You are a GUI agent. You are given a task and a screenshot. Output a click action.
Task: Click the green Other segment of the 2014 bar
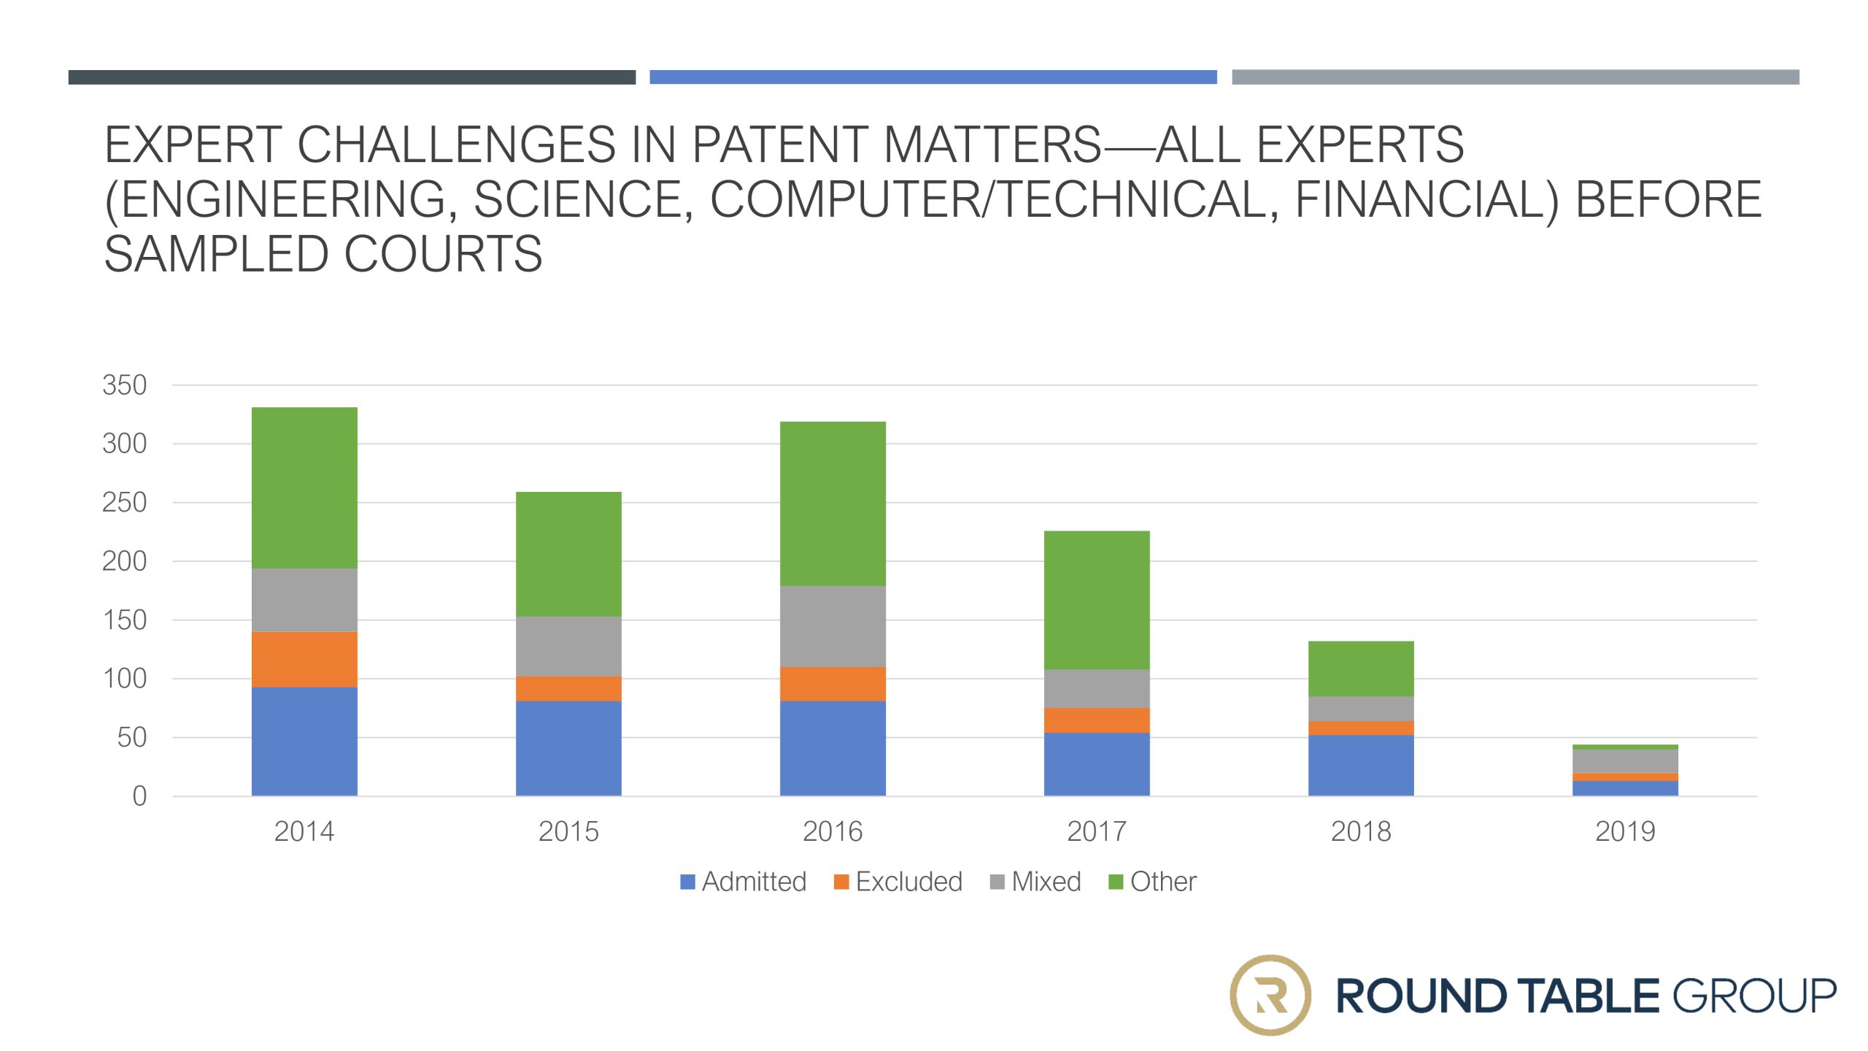coord(304,488)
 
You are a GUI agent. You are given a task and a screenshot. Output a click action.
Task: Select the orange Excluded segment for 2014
coord(304,659)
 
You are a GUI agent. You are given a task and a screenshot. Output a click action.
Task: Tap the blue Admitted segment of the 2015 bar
coord(568,748)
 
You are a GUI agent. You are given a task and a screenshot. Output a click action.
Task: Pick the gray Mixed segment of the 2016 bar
coord(833,626)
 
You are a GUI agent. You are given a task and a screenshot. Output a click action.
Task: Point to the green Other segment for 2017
coord(1097,600)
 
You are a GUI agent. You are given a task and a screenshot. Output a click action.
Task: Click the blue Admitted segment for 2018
coord(1361,766)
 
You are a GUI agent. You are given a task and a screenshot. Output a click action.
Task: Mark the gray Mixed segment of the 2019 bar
coord(1625,761)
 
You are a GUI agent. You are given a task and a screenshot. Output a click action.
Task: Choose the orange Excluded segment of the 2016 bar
coord(833,684)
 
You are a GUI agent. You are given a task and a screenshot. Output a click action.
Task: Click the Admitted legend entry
coord(743,882)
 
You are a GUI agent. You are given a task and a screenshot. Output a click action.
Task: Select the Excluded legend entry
coord(898,882)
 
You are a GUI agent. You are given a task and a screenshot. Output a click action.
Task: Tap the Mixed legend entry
coord(1035,882)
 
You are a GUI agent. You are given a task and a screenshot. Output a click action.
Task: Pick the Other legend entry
coord(1153,882)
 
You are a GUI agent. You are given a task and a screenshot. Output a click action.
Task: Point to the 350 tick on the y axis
coord(125,385)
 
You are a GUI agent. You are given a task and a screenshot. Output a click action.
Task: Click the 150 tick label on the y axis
coord(125,620)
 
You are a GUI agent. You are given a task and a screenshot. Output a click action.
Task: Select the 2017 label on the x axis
coord(1097,831)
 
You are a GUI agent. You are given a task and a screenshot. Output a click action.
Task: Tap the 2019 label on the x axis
coord(1625,831)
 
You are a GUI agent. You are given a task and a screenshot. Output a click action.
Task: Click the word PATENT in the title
coord(779,145)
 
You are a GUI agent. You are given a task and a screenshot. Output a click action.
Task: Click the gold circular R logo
coord(1270,996)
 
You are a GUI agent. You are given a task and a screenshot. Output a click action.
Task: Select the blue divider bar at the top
coord(933,77)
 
